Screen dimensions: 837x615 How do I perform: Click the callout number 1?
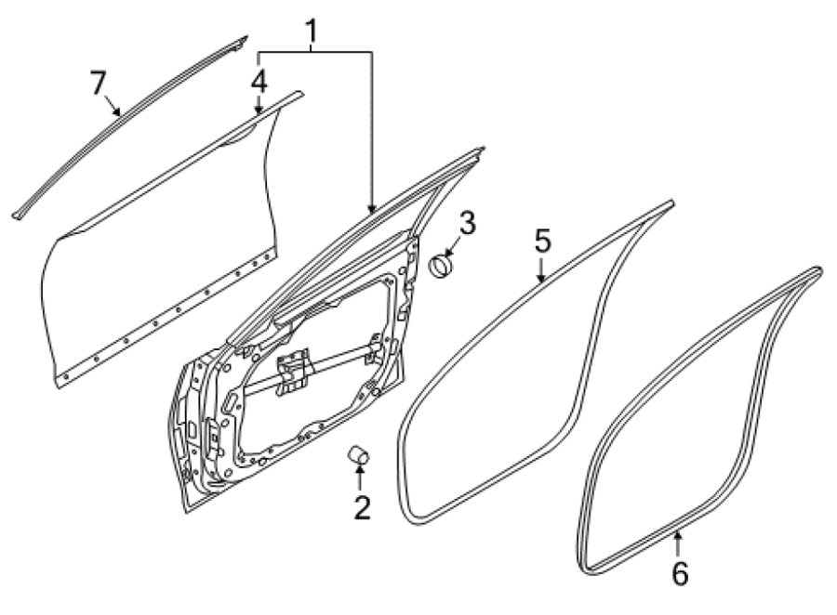311,32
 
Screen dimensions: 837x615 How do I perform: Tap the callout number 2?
362,507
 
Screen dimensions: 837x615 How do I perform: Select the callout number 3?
467,223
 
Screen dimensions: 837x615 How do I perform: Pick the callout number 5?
542,241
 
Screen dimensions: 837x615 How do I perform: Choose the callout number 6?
680,573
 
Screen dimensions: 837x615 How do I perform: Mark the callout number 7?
99,83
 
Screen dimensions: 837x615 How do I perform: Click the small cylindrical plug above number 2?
359,455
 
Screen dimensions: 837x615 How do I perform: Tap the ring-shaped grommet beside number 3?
442,265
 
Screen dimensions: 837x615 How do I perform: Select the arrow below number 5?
540,270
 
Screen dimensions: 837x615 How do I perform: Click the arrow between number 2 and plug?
360,478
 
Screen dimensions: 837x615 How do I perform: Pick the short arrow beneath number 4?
259,103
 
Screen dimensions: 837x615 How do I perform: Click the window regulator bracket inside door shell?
293,371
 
